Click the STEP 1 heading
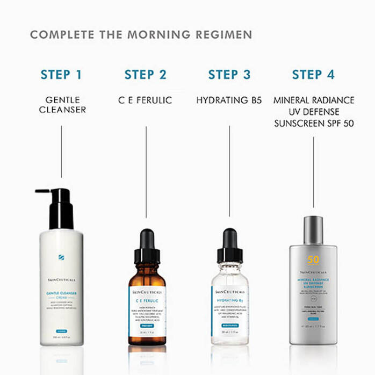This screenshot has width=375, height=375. tap(61, 74)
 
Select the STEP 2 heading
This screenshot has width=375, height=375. tap(145, 74)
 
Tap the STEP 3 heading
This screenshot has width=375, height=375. tap(229, 74)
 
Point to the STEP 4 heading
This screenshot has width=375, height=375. tap(313, 74)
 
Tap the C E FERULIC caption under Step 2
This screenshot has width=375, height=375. tap(145, 100)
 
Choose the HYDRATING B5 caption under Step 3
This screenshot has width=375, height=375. tap(229, 100)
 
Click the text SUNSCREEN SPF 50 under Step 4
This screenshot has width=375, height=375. tap(313, 123)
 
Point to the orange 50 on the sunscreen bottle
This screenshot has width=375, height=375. tap(313, 260)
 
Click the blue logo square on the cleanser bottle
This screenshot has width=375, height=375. tap(61, 257)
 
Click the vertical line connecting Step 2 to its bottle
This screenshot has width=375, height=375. tap(146, 172)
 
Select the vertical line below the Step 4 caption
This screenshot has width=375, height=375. tap(313, 172)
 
